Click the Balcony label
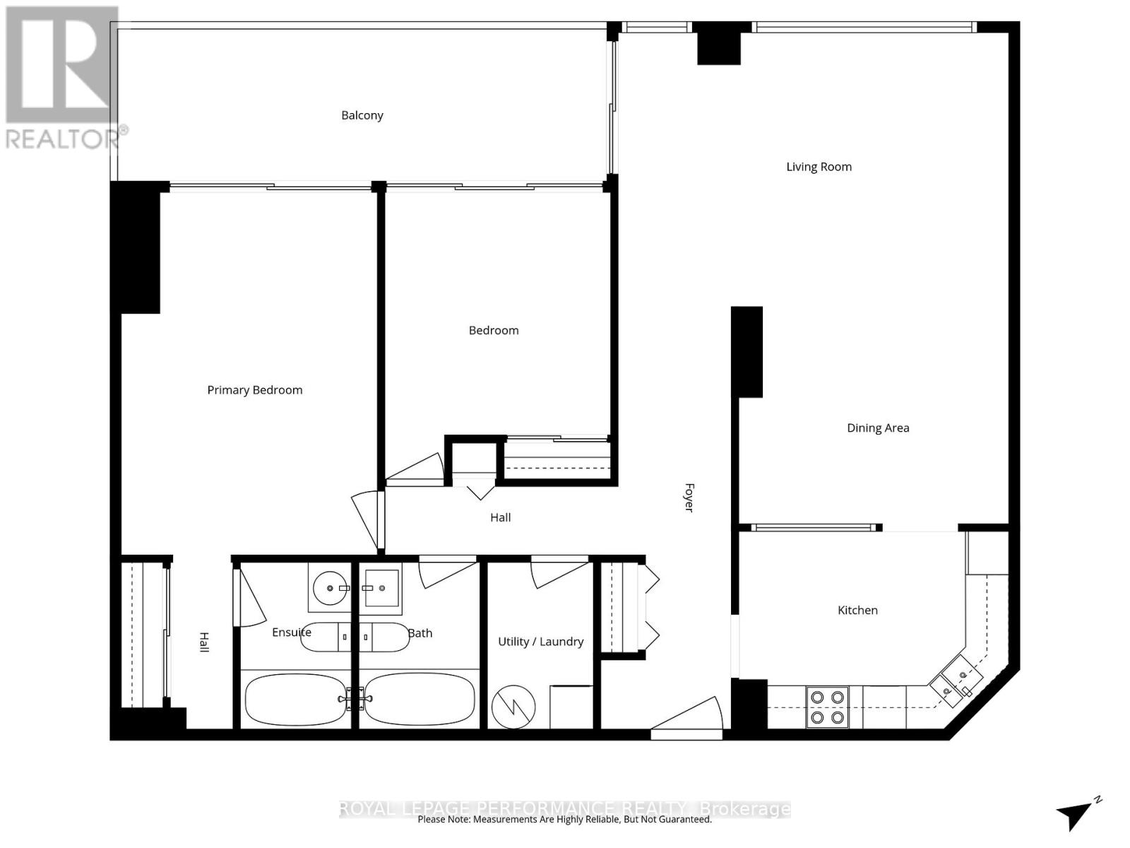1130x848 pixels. click(x=362, y=115)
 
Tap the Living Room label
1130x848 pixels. click(x=819, y=167)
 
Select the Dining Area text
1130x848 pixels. click(x=878, y=428)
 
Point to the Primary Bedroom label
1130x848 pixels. click(x=255, y=390)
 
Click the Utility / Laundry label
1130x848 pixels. click(x=540, y=642)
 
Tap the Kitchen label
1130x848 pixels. click(x=857, y=610)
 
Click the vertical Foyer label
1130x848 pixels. click(x=689, y=497)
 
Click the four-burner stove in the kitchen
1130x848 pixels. click(x=827, y=707)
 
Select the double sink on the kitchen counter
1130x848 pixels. click(x=956, y=681)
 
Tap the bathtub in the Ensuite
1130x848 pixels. click(x=296, y=699)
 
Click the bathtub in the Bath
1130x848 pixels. click(x=419, y=699)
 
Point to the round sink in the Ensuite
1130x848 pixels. click(x=330, y=587)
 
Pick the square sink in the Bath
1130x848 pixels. click(x=381, y=588)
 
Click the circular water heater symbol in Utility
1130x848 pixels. click(x=513, y=707)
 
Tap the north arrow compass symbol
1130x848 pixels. click(x=1078, y=820)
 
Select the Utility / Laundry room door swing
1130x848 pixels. click(x=559, y=572)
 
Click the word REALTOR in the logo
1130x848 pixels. click(x=62, y=139)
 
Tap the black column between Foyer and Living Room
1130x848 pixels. click(x=747, y=352)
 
